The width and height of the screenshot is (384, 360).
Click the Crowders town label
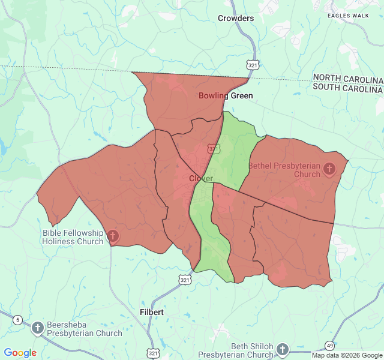click(x=236, y=18)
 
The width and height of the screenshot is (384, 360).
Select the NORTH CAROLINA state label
click(x=347, y=79)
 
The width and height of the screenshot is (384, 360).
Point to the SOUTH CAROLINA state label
click(x=347, y=88)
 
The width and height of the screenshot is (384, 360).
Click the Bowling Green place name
click(x=226, y=95)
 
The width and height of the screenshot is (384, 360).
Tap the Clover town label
click(x=201, y=178)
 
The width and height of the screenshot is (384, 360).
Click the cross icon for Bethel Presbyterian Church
click(x=329, y=169)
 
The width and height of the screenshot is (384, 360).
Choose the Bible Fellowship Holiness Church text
click(x=73, y=237)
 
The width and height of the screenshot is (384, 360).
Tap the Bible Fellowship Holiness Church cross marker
click(x=112, y=236)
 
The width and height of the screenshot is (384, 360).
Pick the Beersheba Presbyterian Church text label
click(x=84, y=329)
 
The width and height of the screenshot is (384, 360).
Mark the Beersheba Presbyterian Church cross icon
click(x=38, y=328)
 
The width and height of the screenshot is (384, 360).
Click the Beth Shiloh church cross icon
click(x=283, y=349)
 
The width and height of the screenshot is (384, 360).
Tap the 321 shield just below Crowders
click(x=252, y=64)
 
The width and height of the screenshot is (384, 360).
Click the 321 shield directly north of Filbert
click(x=185, y=280)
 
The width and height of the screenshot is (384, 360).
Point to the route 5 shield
click(x=18, y=320)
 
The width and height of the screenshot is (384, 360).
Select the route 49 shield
click(x=329, y=345)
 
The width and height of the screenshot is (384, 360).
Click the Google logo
click(x=20, y=353)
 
